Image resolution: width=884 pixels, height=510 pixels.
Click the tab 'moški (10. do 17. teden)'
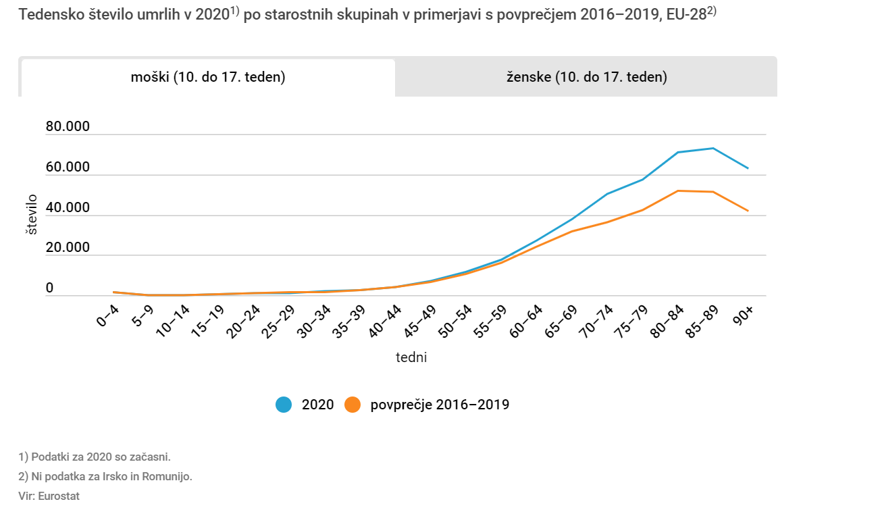208,77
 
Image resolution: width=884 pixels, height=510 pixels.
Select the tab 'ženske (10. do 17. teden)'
586,77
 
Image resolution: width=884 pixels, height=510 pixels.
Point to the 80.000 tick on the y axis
68,127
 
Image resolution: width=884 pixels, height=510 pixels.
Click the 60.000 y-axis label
68,167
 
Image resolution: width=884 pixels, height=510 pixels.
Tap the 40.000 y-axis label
68,207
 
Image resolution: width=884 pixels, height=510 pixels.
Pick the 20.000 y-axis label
68,247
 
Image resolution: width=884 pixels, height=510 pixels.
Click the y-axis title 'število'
31,215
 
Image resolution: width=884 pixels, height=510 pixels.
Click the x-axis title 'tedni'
411,357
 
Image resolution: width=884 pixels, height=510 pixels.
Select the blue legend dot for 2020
284,405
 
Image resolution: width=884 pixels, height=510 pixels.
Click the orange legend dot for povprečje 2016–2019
353,405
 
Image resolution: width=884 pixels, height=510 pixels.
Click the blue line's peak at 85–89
712,148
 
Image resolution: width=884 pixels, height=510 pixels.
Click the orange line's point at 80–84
677,190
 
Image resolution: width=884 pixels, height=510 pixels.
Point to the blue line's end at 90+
748,168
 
